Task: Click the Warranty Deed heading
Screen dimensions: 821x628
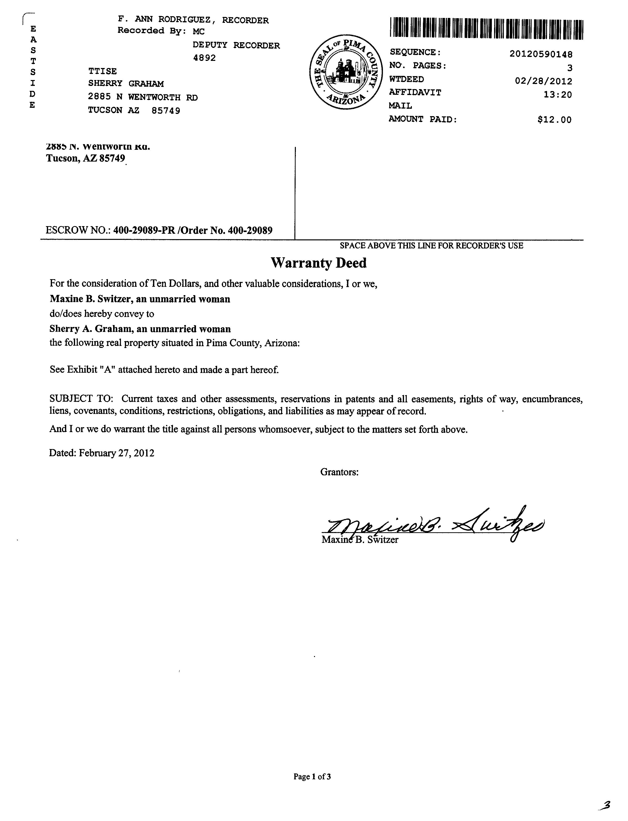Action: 318,263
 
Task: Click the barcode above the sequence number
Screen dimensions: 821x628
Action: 486,28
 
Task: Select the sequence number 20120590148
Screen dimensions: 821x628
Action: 540,54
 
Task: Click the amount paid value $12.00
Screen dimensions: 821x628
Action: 554,120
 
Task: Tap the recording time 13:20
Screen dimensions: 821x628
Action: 557,95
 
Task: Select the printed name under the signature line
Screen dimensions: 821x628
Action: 360,540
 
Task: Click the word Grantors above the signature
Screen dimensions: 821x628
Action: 339,472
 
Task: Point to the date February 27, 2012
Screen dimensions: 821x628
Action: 116,453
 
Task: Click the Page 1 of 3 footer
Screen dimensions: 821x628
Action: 312,777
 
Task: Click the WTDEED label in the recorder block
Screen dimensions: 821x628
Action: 406,79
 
